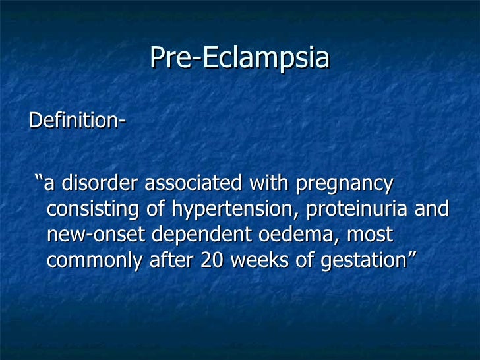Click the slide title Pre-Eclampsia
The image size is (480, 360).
click(239, 57)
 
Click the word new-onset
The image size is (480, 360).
click(84, 234)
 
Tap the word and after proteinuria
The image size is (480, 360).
click(432, 209)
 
